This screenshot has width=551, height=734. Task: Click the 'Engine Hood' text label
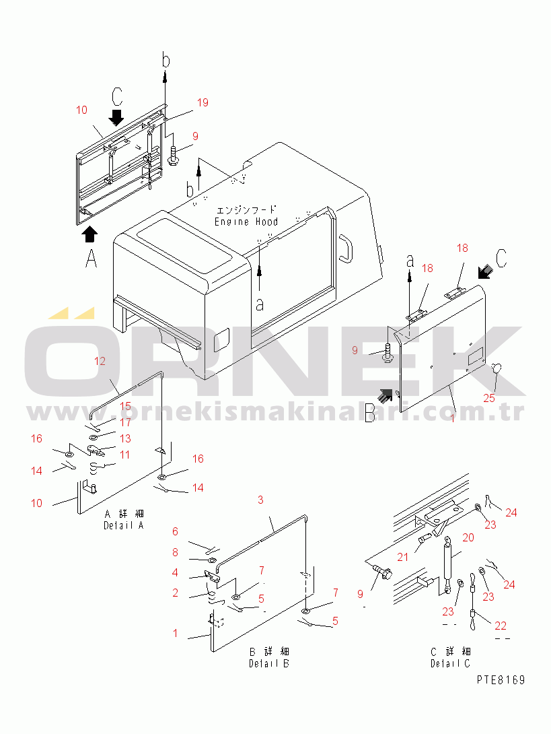[246, 222]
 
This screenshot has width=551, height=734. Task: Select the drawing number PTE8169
[501, 679]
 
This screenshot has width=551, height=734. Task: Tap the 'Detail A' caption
[124, 526]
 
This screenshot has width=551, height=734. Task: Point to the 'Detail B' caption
[269, 663]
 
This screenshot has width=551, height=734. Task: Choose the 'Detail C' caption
[451, 663]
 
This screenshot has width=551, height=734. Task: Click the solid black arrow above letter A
[90, 234]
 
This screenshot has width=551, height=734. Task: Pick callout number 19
[203, 102]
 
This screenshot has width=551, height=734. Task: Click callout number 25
[489, 398]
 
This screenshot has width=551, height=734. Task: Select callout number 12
[100, 361]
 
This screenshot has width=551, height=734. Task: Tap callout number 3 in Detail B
[260, 500]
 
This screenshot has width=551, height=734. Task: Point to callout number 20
[468, 537]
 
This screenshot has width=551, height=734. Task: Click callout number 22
[501, 626]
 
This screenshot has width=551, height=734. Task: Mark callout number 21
[403, 557]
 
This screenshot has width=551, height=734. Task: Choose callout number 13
[125, 438]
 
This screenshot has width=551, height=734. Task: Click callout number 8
[175, 552]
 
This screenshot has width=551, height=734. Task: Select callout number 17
[125, 422]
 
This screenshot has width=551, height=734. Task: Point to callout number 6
[175, 531]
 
